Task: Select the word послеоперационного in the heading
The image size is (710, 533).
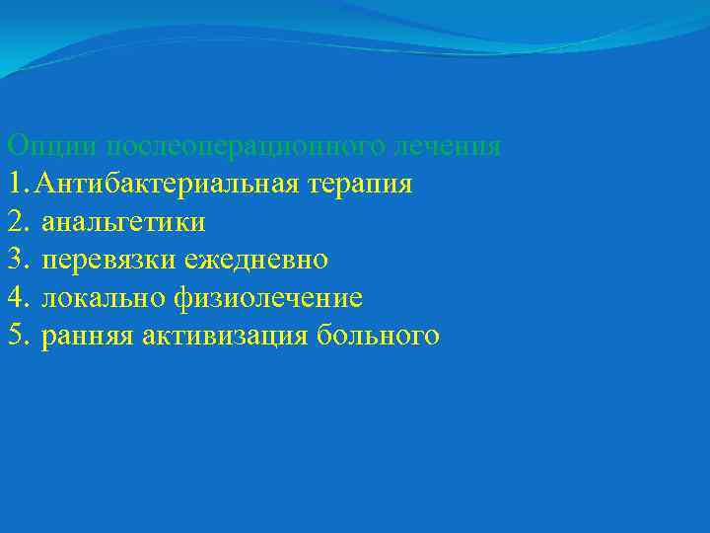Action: click(244, 146)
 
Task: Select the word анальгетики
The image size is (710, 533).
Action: click(123, 222)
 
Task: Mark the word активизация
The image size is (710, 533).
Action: click(226, 337)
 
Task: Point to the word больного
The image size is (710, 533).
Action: click(379, 337)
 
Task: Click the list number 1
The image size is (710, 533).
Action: click(13, 184)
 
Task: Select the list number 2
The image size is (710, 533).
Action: click(14, 221)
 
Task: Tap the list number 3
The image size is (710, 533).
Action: click(14, 260)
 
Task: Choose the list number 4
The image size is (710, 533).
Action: click(14, 297)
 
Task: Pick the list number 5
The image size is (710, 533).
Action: click(14, 336)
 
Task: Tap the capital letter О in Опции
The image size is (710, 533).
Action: click(15, 145)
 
